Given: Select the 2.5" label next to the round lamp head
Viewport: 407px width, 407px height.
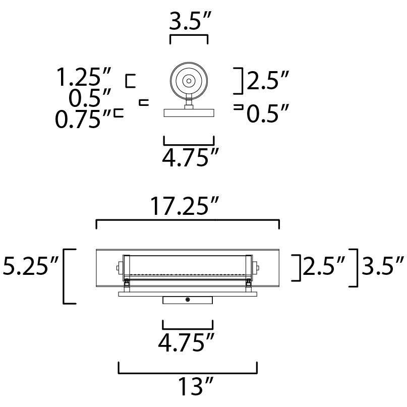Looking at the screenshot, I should pyautogui.click(x=268, y=81).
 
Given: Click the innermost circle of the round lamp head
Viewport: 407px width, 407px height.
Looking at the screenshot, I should pyautogui.click(x=189, y=80).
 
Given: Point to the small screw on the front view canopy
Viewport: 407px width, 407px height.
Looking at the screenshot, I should pyautogui.click(x=188, y=300).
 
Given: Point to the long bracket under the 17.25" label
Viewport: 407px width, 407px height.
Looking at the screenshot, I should pyautogui.click(x=187, y=220).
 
